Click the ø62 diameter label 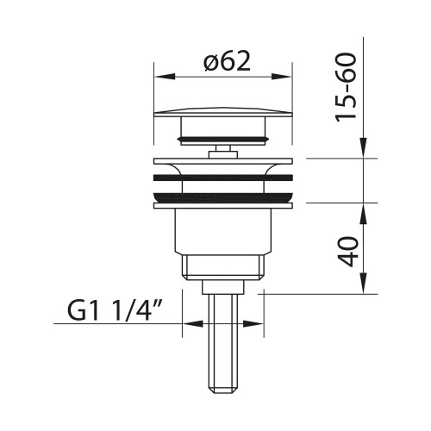227,61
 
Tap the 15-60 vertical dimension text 347,87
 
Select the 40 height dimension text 348,252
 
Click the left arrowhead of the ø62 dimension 165,77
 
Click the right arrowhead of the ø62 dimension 282,77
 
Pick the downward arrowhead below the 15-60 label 364,147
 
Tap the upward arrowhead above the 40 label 364,214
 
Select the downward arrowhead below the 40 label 364,284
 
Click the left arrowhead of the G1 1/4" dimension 193,324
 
